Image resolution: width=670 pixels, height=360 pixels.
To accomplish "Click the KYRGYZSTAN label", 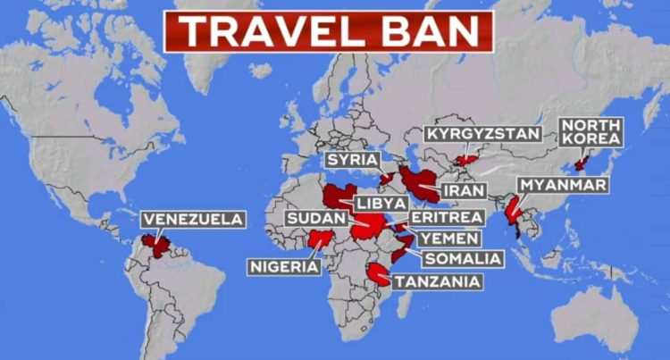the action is [482, 134].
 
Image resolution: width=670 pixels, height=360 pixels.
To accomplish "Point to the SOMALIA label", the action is [463, 259].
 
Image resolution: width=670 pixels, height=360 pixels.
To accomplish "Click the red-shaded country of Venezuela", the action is [160, 242].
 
